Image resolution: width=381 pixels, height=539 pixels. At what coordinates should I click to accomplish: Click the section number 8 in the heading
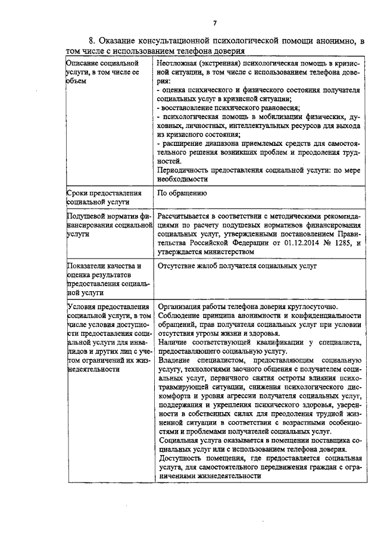tap(91, 41)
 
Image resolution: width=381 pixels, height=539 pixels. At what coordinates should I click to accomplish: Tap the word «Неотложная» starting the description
tap(177, 63)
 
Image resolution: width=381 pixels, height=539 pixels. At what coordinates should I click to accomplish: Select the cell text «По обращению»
tap(182, 194)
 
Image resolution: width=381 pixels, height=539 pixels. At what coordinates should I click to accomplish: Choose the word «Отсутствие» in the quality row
tap(178, 266)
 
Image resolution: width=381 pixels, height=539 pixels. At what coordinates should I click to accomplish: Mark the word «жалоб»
tap(212, 266)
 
